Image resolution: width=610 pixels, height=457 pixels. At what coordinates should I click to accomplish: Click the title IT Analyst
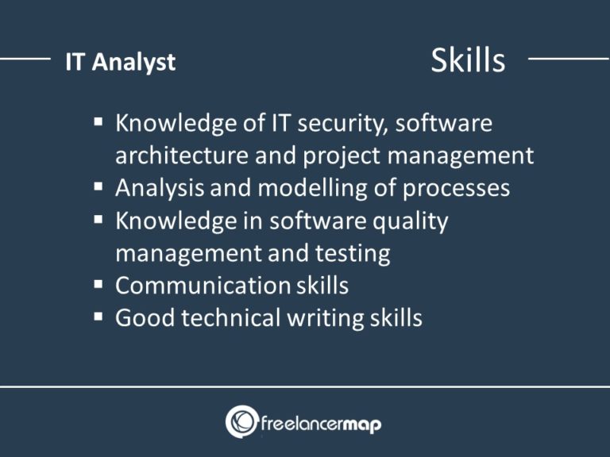120,63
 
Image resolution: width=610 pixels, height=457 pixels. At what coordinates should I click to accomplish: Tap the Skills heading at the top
467,60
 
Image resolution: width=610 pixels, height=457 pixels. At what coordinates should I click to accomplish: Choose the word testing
352,254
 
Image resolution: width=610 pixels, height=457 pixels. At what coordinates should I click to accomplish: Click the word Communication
203,286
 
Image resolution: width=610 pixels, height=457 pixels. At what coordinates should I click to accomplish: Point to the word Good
144,318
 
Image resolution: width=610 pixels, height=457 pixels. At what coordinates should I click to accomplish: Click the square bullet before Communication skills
98,285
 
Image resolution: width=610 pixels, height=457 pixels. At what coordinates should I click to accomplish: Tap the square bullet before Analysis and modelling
98,188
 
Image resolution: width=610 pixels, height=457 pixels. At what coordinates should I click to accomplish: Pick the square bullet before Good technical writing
98,317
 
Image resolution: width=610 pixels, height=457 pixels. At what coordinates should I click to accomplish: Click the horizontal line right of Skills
567,58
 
